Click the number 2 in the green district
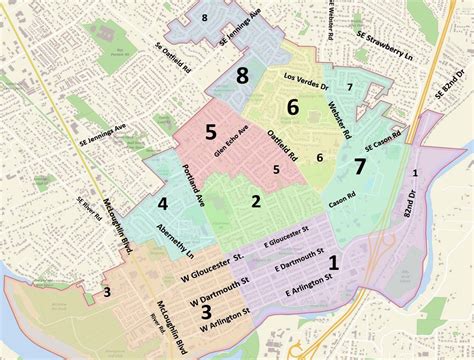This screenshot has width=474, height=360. (x=256, y=201)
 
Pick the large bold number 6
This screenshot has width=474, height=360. (x=293, y=106)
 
